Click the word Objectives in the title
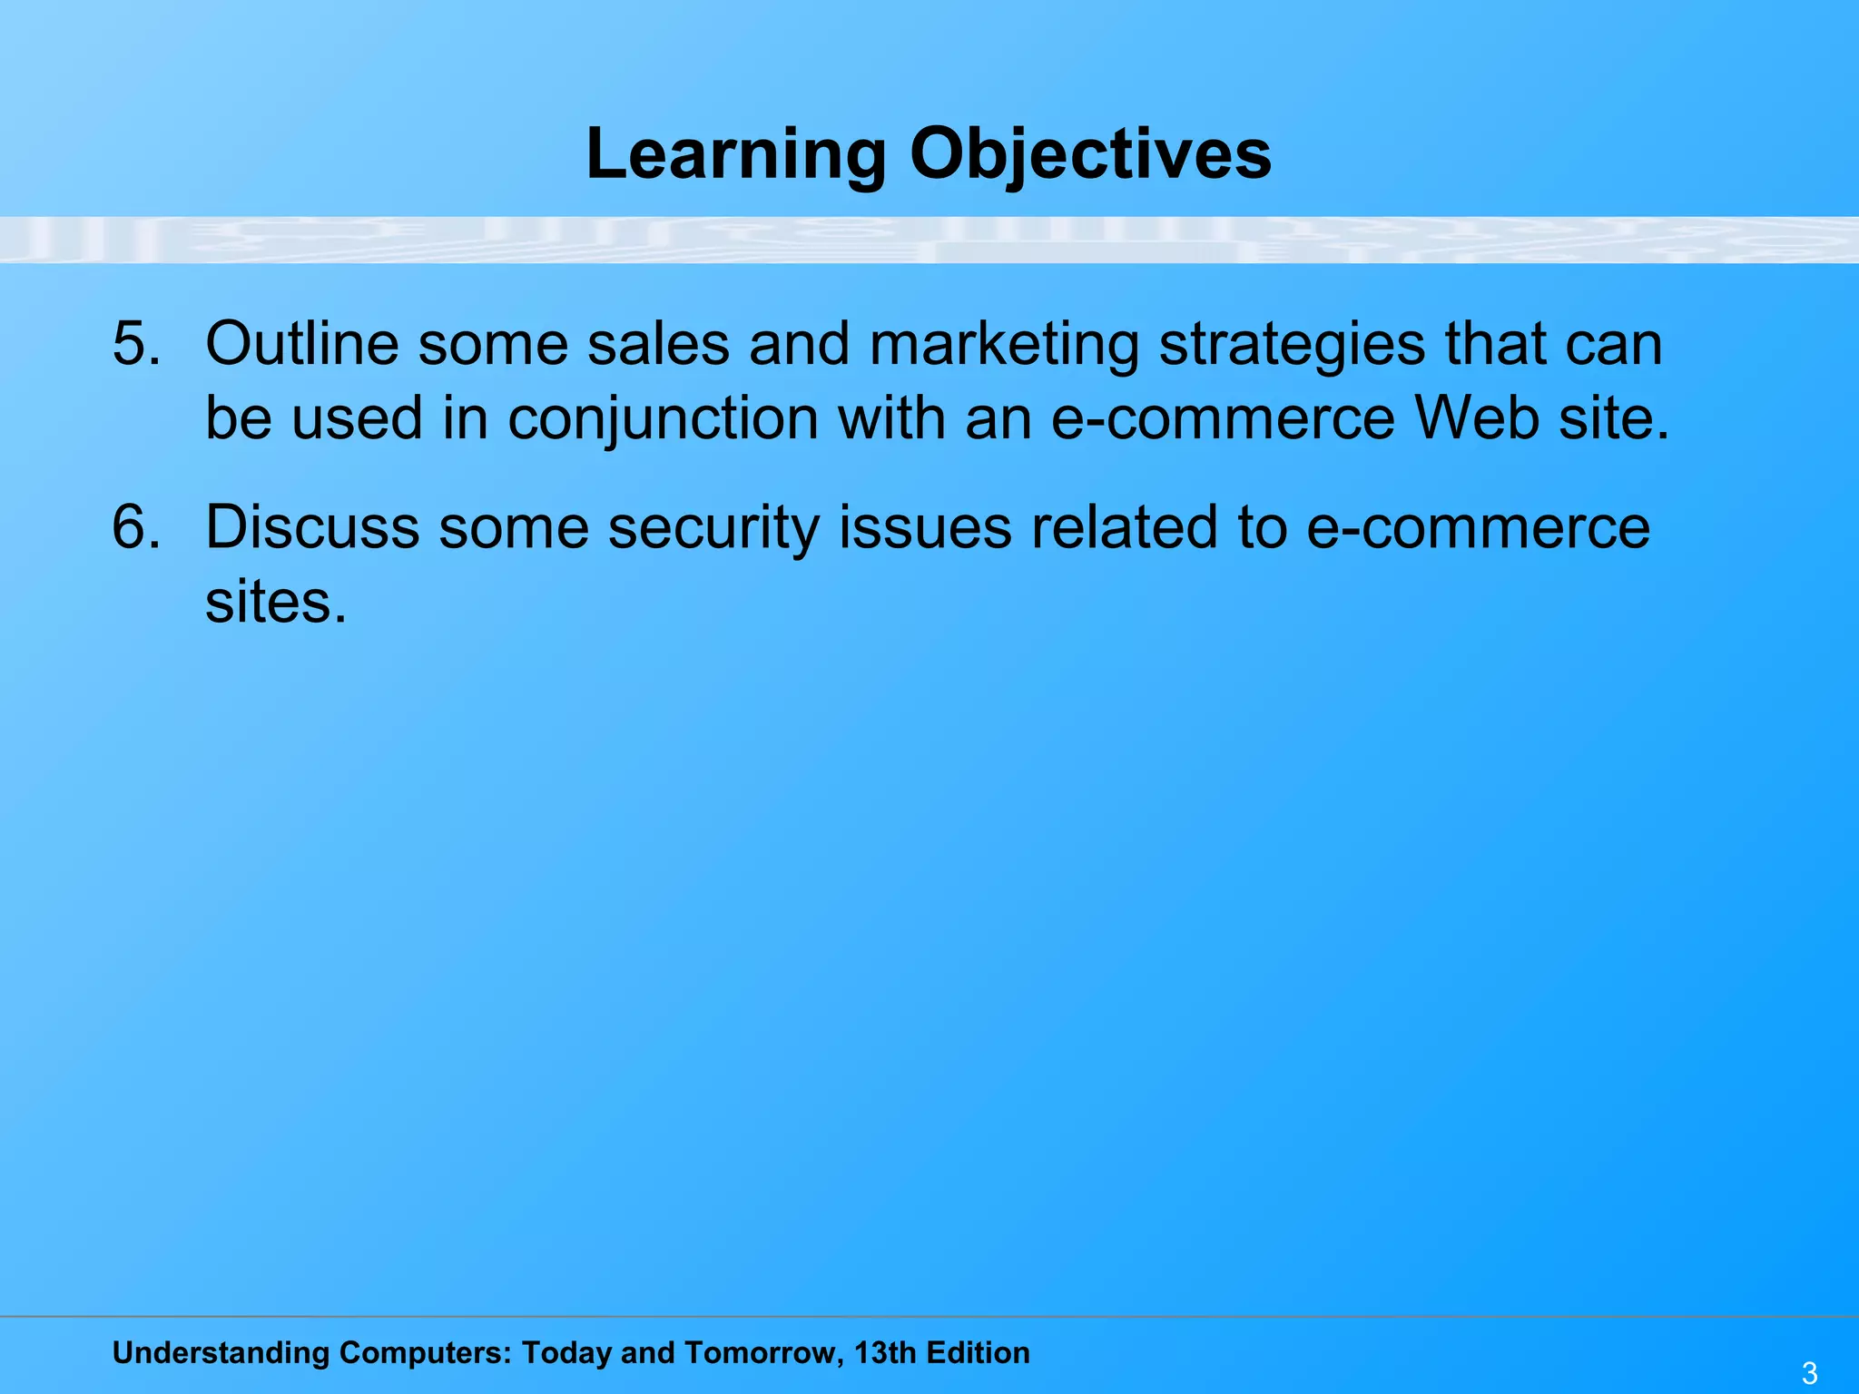1090,154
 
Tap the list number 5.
136,344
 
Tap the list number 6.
136,527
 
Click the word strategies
1292,346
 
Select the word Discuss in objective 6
311,527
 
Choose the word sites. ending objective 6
276,602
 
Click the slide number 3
1809,1373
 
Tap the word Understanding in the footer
221,1353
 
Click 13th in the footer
885,1352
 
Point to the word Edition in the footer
979,1352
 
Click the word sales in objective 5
658,344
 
